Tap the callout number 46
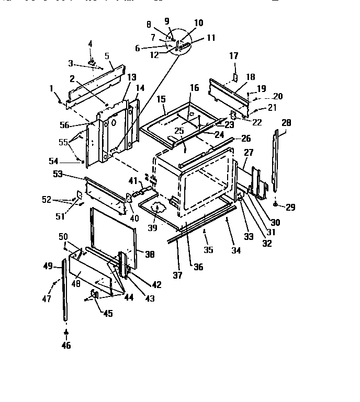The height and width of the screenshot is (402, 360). (x=66, y=345)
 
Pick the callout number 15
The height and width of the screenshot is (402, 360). (x=161, y=98)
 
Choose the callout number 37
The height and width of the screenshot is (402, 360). (x=178, y=275)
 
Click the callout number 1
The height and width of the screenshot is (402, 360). (x=52, y=88)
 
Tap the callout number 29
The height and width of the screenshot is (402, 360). (x=290, y=208)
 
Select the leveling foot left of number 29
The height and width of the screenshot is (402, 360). (x=275, y=204)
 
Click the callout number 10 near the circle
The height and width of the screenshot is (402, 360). (x=198, y=23)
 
